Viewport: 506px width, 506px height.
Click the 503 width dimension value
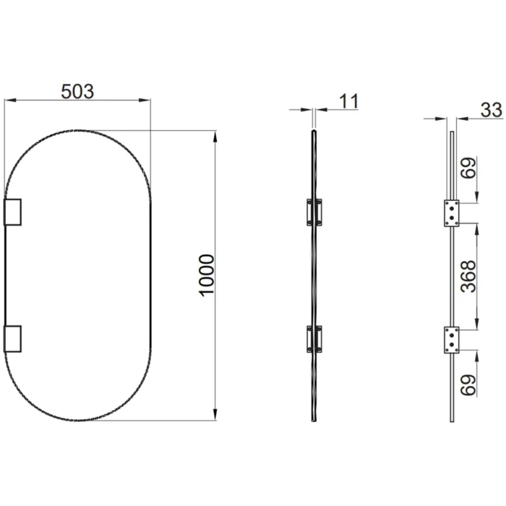point(77,92)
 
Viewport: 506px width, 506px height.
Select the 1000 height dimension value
point(207,275)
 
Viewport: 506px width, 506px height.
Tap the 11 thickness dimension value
point(348,101)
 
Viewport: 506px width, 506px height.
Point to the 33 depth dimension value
point(491,110)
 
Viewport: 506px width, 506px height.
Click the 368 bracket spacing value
point(471,276)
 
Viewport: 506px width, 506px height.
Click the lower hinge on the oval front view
point(14,338)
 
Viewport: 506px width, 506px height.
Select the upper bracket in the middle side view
point(314,211)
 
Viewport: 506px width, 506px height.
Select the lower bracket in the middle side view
point(314,338)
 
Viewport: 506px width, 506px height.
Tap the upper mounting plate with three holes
point(452,211)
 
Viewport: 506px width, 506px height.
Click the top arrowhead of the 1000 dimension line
point(215,134)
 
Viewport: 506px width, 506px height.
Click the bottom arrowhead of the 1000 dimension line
point(215,417)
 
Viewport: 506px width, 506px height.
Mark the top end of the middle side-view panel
point(314,132)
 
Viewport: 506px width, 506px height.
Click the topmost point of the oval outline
point(78,130)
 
